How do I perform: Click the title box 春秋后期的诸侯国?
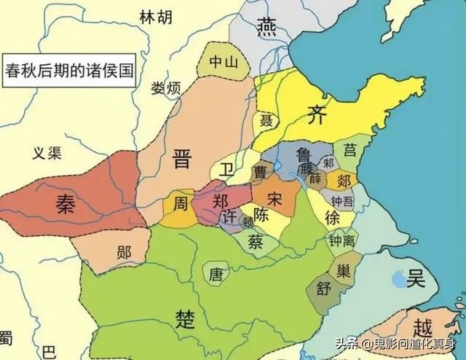(x=68, y=71)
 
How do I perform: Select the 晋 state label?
(x=181, y=159)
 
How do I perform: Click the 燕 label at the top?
(x=266, y=28)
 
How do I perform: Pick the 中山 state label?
(x=224, y=62)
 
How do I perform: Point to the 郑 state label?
(x=221, y=198)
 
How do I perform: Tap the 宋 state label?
(x=275, y=197)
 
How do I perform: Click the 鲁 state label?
(x=305, y=154)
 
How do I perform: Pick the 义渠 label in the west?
(x=49, y=152)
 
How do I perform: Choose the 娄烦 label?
(x=166, y=89)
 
